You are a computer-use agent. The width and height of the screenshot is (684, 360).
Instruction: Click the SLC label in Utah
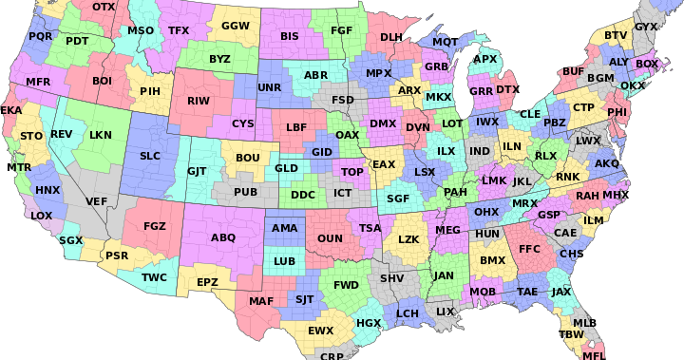click(150, 155)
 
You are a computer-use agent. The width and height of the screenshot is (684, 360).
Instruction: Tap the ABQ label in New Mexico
click(223, 237)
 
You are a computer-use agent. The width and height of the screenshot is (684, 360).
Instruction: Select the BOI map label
click(103, 81)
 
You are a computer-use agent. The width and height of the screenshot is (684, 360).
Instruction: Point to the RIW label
click(199, 100)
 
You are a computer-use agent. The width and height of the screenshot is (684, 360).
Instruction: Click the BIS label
click(290, 36)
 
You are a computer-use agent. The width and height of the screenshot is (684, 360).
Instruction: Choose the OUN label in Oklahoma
click(330, 238)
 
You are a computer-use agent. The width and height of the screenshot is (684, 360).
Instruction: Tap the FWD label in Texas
click(346, 284)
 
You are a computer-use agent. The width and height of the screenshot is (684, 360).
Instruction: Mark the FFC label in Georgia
click(529, 249)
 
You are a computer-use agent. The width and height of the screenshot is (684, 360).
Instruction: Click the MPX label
click(379, 73)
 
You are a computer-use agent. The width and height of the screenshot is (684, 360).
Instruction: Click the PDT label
click(77, 41)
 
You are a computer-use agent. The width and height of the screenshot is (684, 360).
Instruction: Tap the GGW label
click(235, 26)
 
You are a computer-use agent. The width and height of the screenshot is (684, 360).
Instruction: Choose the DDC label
click(303, 195)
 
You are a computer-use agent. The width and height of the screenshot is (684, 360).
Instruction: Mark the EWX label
click(321, 331)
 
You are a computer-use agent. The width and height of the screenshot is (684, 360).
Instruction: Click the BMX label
click(492, 259)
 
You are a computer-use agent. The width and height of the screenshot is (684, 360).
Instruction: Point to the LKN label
click(100, 135)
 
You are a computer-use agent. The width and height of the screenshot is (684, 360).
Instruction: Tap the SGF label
click(398, 199)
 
